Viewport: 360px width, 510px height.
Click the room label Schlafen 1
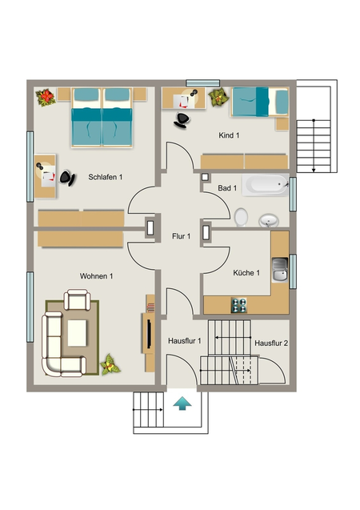[106, 177]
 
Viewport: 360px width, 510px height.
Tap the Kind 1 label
[229, 135]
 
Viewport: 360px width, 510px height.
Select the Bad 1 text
[227, 188]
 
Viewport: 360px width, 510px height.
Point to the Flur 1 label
[182, 236]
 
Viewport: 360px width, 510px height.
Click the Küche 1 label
[246, 272]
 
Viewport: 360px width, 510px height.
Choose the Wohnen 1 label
[97, 276]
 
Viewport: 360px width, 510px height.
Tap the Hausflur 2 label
[271, 343]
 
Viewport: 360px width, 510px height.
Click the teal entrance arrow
[182, 404]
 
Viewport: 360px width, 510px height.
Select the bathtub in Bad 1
[265, 185]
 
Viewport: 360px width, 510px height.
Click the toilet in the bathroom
[241, 217]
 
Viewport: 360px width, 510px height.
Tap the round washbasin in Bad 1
[269, 220]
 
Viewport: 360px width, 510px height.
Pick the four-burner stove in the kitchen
[239, 305]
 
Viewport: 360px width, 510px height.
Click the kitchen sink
[280, 270]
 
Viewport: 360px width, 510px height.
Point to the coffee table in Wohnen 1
[77, 333]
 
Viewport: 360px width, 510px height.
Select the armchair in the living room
[77, 299]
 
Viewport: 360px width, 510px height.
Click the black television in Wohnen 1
[149, 334]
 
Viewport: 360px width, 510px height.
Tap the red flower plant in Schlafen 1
[46, 98]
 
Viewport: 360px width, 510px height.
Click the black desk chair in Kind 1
[182, 120]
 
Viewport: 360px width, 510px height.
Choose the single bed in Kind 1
[260, 102]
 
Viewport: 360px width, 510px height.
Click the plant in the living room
[110, 364]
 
